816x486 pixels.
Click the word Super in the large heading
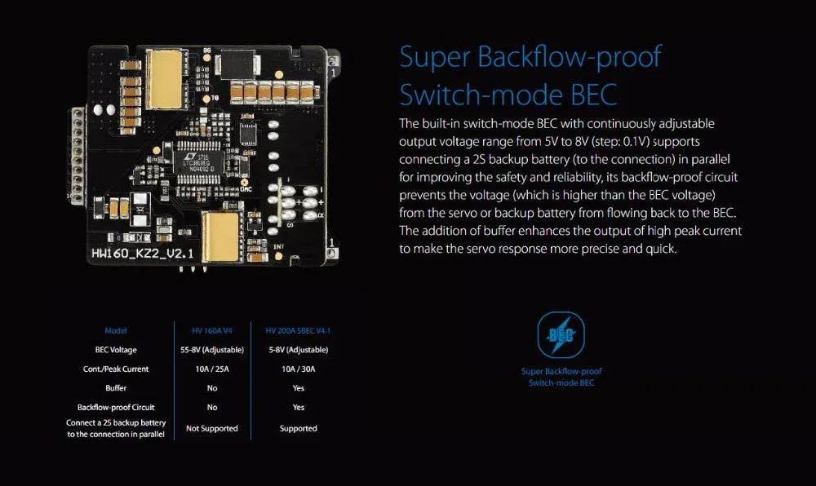434,59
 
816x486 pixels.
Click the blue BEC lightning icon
561,335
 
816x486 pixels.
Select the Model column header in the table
116,331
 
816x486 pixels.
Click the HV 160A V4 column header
212,331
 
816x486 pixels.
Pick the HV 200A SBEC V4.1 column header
298,331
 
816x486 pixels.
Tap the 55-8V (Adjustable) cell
212,350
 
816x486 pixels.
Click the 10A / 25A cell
212,369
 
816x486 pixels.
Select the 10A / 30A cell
298,369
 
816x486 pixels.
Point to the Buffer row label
116,388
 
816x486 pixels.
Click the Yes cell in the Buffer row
298,388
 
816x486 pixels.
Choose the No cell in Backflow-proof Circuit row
212,407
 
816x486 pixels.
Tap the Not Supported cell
212,428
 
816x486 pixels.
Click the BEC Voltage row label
116,350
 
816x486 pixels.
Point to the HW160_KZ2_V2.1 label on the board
142,254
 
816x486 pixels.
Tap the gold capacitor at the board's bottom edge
221,236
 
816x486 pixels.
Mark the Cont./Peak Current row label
116,369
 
